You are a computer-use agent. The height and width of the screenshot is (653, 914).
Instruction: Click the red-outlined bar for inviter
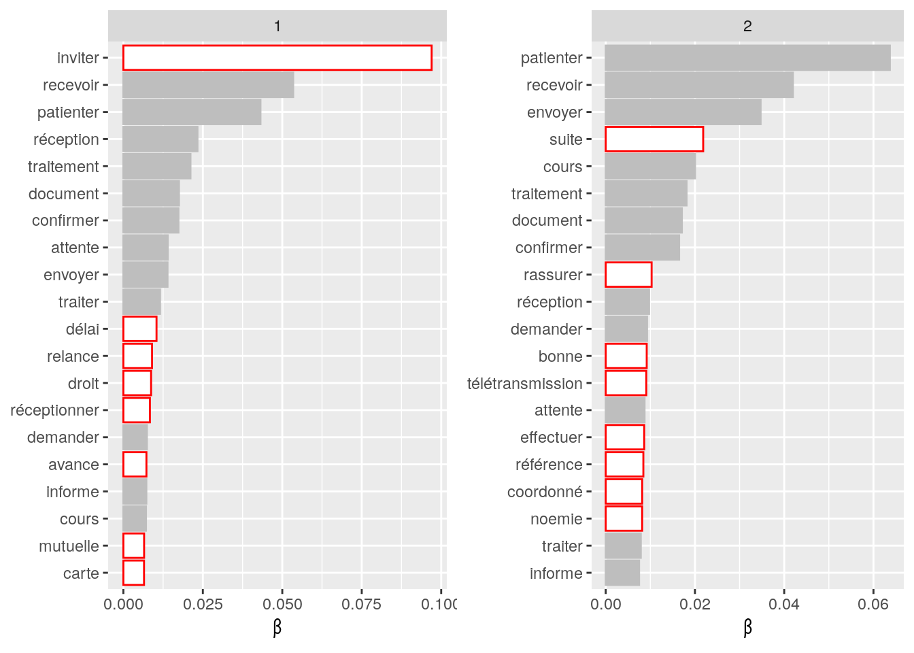277,58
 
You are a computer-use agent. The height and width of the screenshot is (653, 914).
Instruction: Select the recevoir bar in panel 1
208,85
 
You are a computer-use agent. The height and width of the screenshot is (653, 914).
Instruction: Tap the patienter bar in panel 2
747,58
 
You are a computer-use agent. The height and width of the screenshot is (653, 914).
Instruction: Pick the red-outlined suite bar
654,139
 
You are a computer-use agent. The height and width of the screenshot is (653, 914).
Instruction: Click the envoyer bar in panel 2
683,112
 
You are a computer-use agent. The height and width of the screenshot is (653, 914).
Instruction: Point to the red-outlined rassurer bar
628,275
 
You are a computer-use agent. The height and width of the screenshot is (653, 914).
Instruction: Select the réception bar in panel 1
160,139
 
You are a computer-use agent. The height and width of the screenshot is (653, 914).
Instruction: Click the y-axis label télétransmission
524,384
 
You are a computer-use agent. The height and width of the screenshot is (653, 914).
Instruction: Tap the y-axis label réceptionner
54,410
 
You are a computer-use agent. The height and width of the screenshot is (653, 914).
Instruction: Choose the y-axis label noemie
556,519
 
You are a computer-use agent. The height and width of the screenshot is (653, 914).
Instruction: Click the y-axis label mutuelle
69,546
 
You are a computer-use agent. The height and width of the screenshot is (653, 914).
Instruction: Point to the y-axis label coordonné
545,492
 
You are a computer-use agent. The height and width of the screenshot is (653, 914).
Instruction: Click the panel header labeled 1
277,26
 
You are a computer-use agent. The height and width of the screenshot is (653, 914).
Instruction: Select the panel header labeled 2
747,26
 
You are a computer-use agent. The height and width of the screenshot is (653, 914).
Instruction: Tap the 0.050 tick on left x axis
282,604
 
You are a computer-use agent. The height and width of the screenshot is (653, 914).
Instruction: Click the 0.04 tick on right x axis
784,604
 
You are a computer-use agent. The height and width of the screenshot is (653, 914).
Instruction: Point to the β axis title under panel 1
277,627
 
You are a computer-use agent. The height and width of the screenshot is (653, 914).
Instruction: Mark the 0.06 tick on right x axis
873,604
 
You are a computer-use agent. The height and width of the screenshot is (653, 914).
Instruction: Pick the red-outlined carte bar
133,573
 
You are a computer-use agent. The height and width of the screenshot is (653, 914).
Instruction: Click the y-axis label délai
82,329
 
